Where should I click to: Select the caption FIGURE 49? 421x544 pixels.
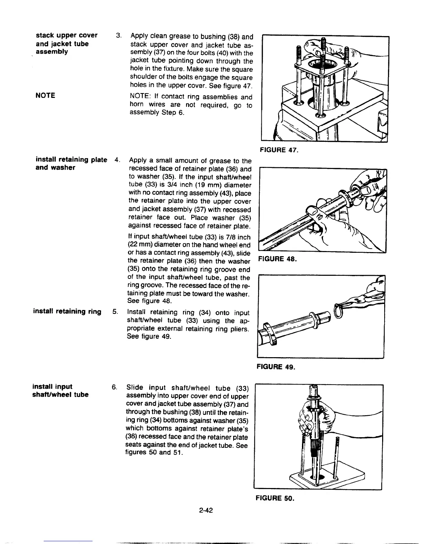click(x=276, y=367)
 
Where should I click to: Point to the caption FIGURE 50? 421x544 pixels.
click(x=274, y=498)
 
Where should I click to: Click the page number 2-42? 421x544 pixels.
click(x=206, y=510)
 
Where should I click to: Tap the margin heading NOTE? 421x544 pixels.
click(x=45, y=95)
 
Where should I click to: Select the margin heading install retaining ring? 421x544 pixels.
click(x=67, y=311)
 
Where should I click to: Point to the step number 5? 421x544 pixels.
click(x=115, y=312)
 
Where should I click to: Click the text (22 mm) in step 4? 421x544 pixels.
click(x=139, y=245)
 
